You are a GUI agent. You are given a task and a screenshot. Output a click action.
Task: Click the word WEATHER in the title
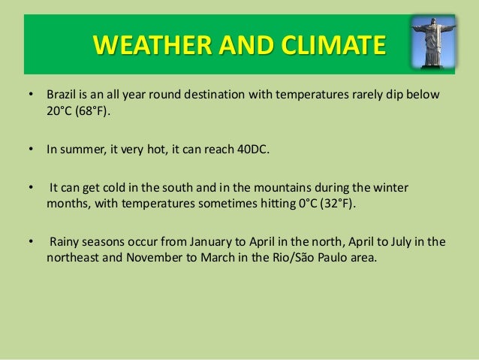click(152, 44)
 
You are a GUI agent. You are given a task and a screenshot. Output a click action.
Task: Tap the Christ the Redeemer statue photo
click(433, 41)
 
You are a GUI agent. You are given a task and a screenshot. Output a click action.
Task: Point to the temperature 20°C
click(59, 110)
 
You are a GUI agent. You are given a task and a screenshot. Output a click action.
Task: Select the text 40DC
click(253, 150)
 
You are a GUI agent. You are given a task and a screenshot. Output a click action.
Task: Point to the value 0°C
click(308, 204)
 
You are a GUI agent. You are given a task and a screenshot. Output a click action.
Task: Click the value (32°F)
click(338, 204)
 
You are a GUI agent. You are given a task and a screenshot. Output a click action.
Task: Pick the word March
click(218, 258)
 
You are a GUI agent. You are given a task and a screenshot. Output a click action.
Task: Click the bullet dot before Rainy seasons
click(31, 242)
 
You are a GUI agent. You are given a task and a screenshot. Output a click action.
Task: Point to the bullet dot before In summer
click(31, 149)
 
